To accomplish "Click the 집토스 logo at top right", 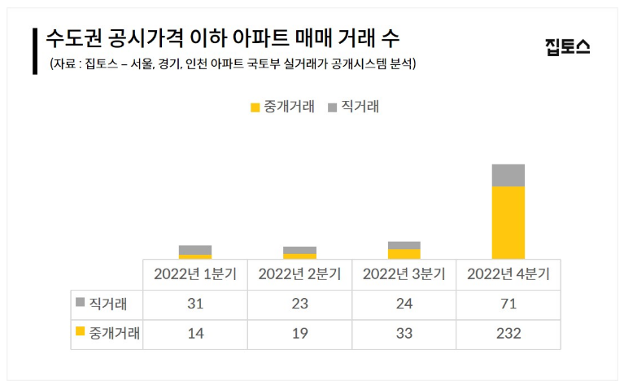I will pos(567,46).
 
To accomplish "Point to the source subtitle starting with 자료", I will pos(233,63).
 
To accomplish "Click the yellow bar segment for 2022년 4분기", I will pos(508,222).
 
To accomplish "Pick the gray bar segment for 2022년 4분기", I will pos(508,175).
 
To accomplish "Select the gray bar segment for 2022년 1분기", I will pos(195,250).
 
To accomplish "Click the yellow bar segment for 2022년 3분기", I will pos(404,254).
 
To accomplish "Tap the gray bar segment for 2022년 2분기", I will pos(299,250).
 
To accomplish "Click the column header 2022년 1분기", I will pos(195,274).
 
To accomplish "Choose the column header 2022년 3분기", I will pos(404,274).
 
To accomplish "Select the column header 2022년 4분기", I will pos(508,274).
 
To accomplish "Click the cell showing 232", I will pos(508,334).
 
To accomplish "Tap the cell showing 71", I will pos(508,304).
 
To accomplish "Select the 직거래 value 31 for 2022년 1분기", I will pos(195,304).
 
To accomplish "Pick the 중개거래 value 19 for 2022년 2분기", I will pos(299,334).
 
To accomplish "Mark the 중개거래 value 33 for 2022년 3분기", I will pos(404,334).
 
